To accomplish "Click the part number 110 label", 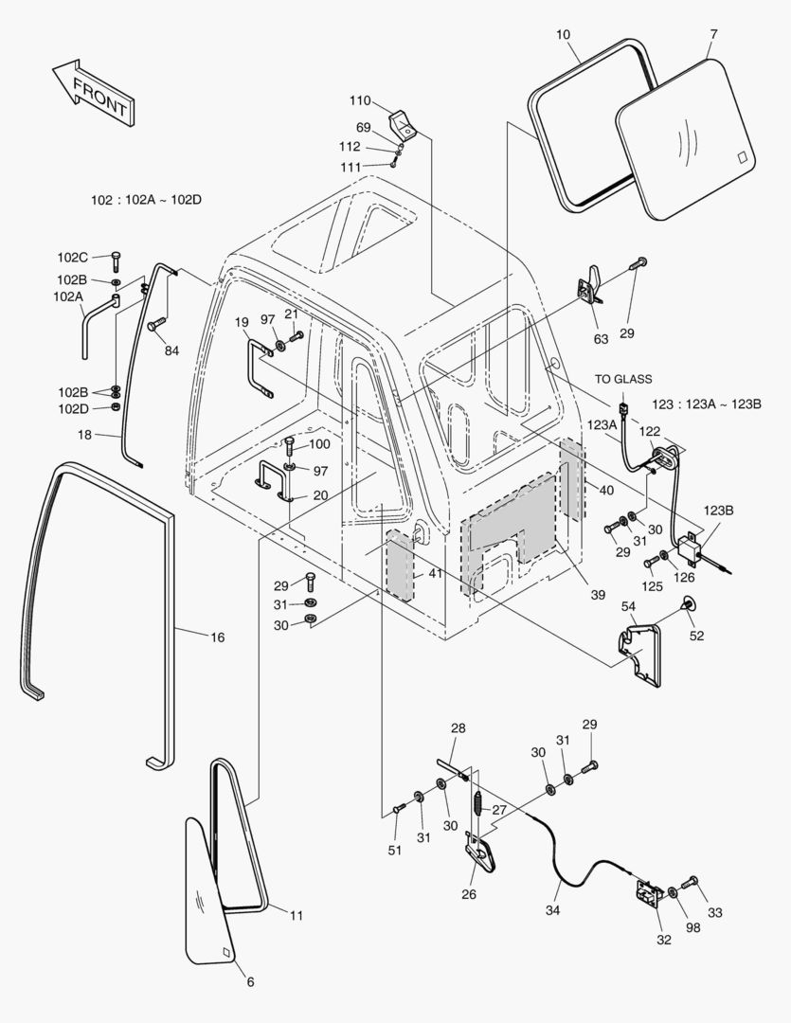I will pyautogui.click(x=359, y=100).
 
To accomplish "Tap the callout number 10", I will pyautogui.click(x=563, y=35).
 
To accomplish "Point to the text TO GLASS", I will pyautogui.click(x=623, y=379).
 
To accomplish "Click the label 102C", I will pyautogui.click(x=72, y=257).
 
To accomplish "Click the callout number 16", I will pyautogui.click(x=217, y=637).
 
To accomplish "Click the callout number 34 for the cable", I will pyautogui.click(x=552, y=910).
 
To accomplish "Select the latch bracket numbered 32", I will pyautogui.click(x=651, y=896).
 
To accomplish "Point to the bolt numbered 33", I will pyautogui.click(x=689, y=883).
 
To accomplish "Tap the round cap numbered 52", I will pyautogui.click(x=688, y=602).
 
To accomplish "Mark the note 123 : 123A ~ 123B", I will pyautogui.click(x=707, y=404).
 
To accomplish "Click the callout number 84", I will pyautogui.click(x=171, y=351).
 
